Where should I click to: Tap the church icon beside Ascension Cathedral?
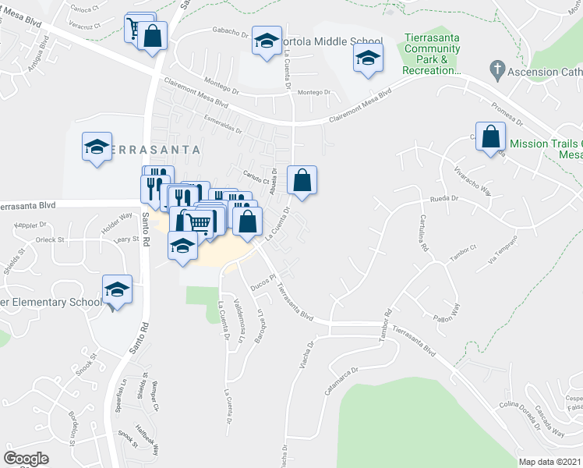pos(494,69)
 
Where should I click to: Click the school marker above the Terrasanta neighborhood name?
pos(97,146)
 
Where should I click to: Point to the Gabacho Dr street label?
pos(229,34)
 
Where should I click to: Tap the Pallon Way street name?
pos(447,319)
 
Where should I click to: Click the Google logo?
pos(26,459)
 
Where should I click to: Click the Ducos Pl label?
pos(263,285)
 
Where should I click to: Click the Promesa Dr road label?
pos(507,114)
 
